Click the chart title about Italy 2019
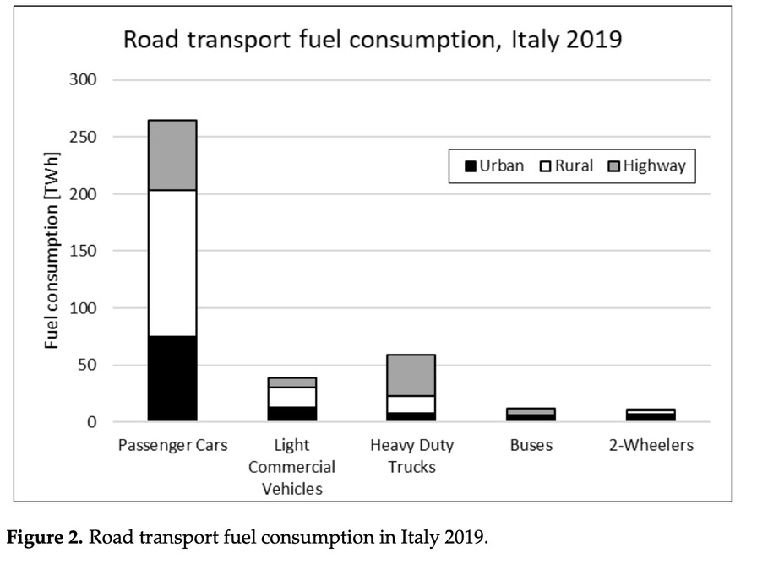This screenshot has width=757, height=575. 372,40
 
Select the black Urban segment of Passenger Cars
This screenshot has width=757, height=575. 172,378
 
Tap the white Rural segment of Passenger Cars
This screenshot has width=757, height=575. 172,263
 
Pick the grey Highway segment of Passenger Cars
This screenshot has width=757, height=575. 172,155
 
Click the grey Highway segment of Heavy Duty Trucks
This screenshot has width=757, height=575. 411,375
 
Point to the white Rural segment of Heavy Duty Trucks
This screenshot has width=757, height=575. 411,404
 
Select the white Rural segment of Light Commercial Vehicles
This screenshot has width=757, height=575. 291,397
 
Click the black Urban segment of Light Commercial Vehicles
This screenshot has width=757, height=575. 291,414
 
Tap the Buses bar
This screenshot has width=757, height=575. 531,415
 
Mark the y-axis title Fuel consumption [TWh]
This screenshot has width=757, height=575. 52,268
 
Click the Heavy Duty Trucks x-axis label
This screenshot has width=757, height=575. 411,455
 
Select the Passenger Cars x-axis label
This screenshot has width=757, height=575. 172,445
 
